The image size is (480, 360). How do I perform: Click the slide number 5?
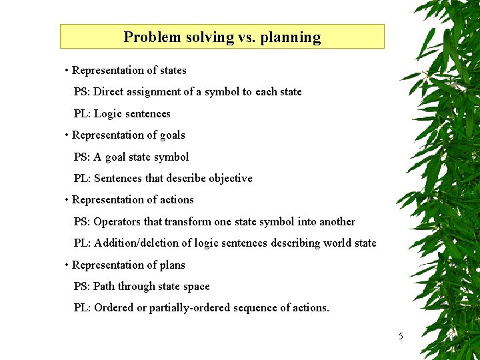point(401,336)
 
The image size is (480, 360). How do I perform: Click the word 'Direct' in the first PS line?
point(110,92)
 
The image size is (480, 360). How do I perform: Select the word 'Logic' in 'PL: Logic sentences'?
point(109,114)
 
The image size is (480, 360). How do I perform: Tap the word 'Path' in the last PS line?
point(104,287)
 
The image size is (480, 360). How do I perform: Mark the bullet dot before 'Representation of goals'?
point(67,135)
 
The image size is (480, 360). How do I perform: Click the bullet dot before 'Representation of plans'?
point(67,265)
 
